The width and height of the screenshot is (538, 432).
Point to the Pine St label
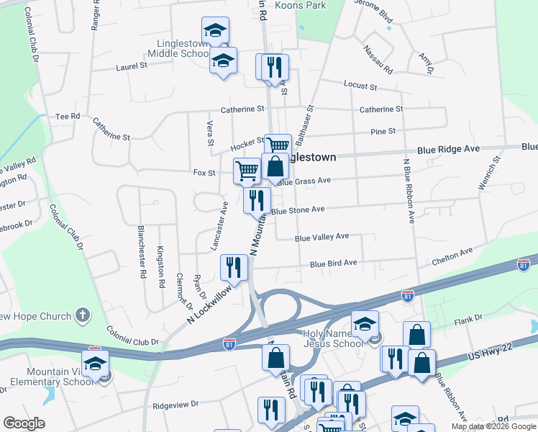(x=382, y=131)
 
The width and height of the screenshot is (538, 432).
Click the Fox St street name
(x=204, y=173)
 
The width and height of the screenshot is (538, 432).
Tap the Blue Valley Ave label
(x=322, y=237)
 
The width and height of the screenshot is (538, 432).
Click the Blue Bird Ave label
(x=333, y=264)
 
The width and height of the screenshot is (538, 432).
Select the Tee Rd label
(x=68, y=116)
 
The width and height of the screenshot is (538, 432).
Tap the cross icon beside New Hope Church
(x=83, y=315)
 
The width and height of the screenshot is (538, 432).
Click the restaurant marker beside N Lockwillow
(x=234, y=267)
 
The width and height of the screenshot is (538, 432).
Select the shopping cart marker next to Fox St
(x=247, y=171)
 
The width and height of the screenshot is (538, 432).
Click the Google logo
(x=24, y=423)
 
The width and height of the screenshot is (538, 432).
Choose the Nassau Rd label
(x=378, y=60)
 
